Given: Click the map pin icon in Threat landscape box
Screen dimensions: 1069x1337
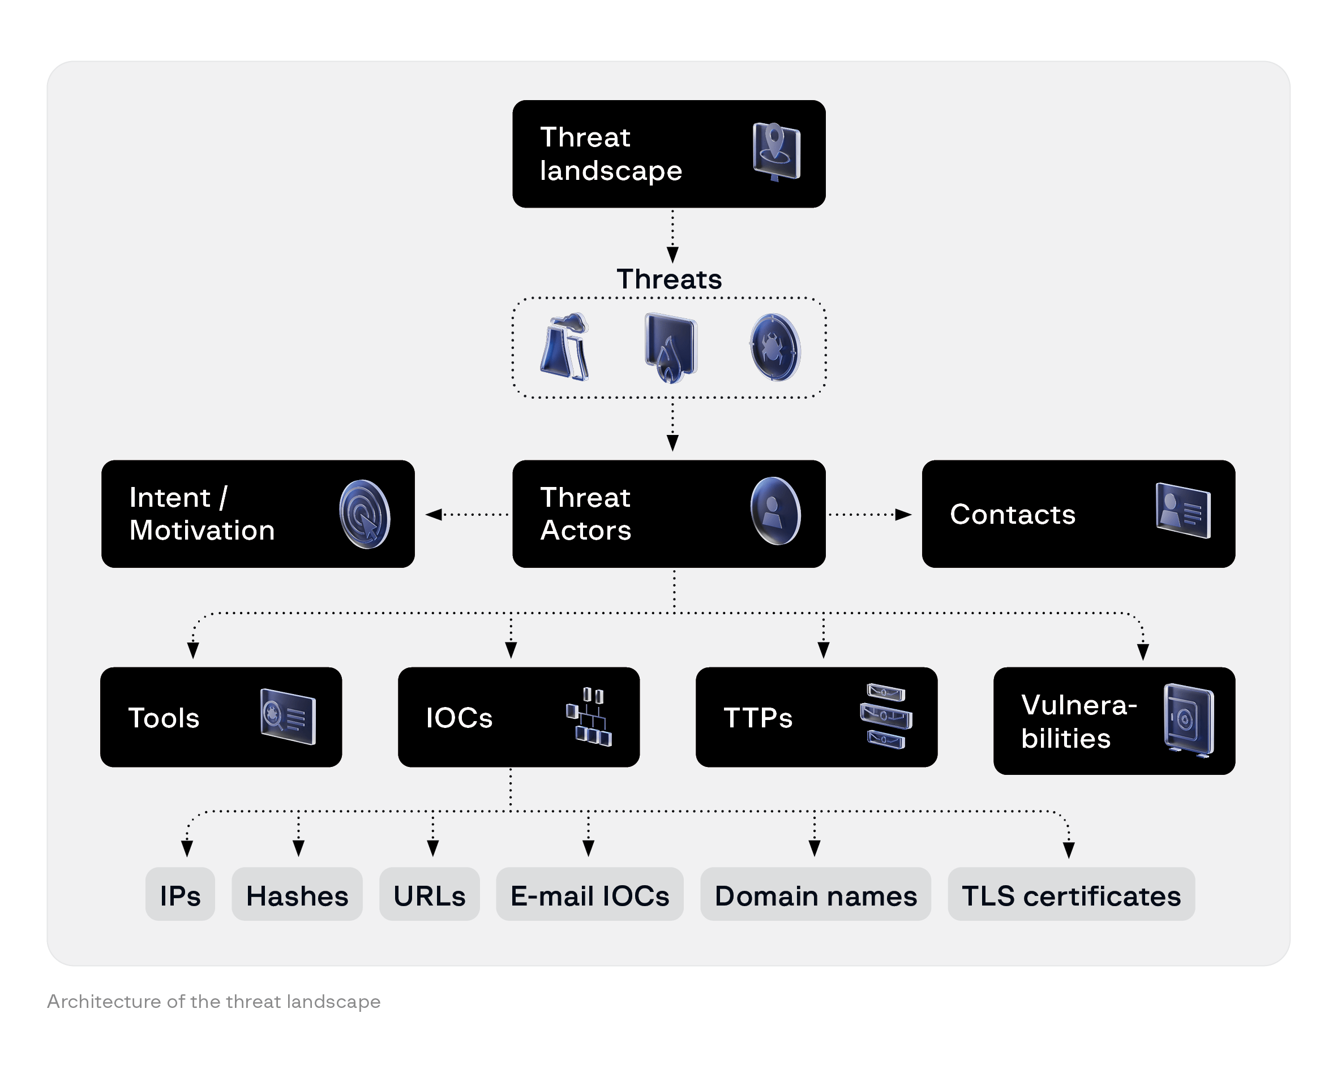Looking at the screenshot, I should coord(776,152).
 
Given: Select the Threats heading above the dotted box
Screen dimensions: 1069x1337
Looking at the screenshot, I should coord(669,279).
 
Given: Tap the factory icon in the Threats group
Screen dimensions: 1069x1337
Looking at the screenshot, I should coord(565,347).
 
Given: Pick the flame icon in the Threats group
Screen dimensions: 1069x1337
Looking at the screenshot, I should coord(670,348).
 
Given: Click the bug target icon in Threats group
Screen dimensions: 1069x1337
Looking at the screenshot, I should coord(774,348).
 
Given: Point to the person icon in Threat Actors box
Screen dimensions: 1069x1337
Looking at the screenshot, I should coord(774,511).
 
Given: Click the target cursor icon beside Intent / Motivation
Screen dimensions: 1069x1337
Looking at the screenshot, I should coord(365,514).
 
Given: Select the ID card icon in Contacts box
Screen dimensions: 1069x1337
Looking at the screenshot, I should coord(1182,511).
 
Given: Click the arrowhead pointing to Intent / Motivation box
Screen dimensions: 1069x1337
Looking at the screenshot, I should coord(434,514).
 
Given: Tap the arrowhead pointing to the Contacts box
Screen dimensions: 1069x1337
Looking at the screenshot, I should coord(903,514).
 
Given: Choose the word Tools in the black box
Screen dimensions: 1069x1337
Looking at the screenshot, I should coord(164,718).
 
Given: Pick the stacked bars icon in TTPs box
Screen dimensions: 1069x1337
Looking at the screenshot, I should coord(885,717).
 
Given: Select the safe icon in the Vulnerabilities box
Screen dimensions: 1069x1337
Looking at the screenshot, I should coord(1188,721).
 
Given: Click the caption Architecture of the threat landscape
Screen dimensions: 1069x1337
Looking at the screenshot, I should coord(214,1002).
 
